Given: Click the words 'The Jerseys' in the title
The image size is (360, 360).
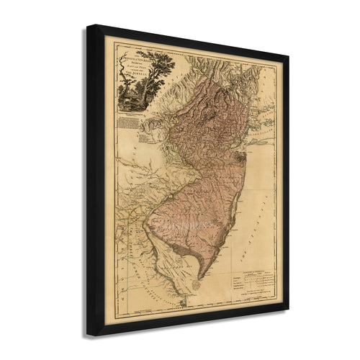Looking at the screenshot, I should coord(166,71).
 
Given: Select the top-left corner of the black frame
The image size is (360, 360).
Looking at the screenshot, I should coord(89,27).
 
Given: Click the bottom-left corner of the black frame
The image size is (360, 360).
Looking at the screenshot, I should coord(89,335).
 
